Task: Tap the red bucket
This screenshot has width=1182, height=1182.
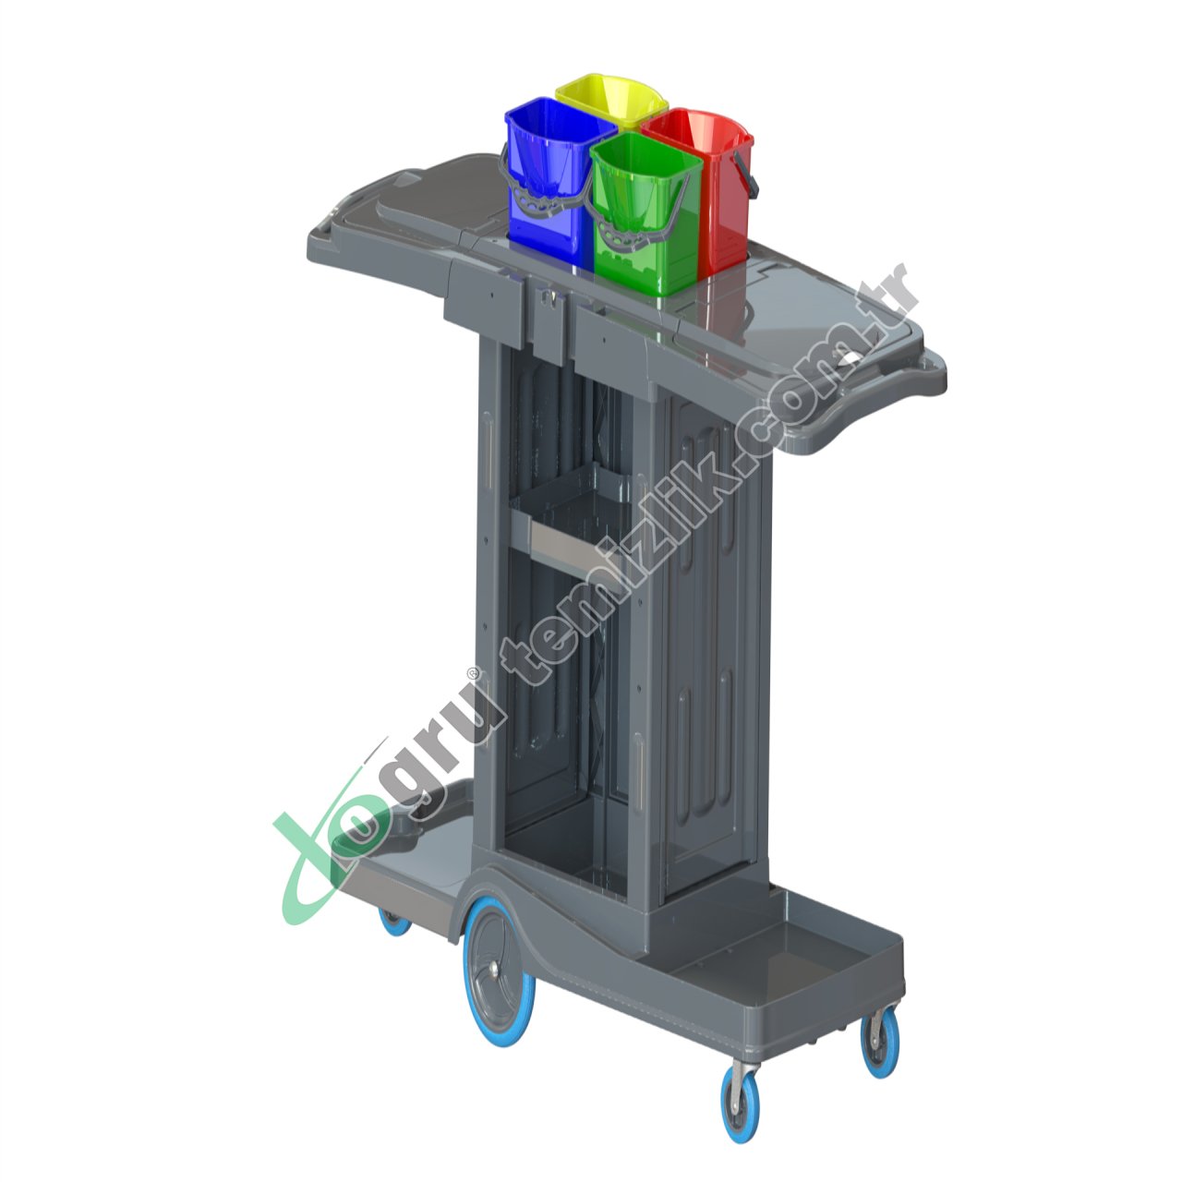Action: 716,185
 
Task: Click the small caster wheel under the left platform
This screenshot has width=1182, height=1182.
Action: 394,920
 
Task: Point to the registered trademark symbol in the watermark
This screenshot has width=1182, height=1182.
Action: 473,673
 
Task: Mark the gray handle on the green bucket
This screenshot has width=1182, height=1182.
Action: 637,231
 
